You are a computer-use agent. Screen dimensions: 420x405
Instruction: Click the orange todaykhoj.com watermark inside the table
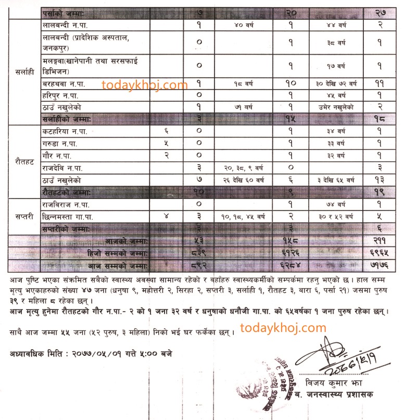(145, 84)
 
